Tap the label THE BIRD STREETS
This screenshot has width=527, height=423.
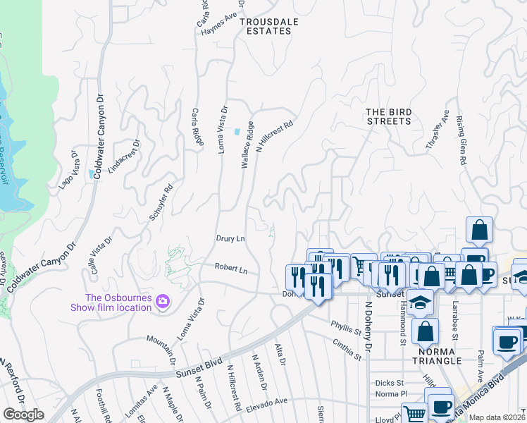[x=388, y=116]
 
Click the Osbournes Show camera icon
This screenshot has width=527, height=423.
[x=163, y=302]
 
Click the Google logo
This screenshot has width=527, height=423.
[x=24, y=415]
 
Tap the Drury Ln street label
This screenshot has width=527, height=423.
[x=230, y=239]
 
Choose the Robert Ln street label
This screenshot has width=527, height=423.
[x=231, y=269]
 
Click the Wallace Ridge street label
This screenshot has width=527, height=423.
[x=247, y=145]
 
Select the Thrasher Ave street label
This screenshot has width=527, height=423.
[x=436, y=130]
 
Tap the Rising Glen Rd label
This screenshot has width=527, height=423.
[x=461, y=141]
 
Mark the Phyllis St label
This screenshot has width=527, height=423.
[x=346, y=326]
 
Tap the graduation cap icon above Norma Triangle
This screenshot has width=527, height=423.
[x=421, y=302]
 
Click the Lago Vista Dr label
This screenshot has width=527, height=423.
[x=67, y=170]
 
